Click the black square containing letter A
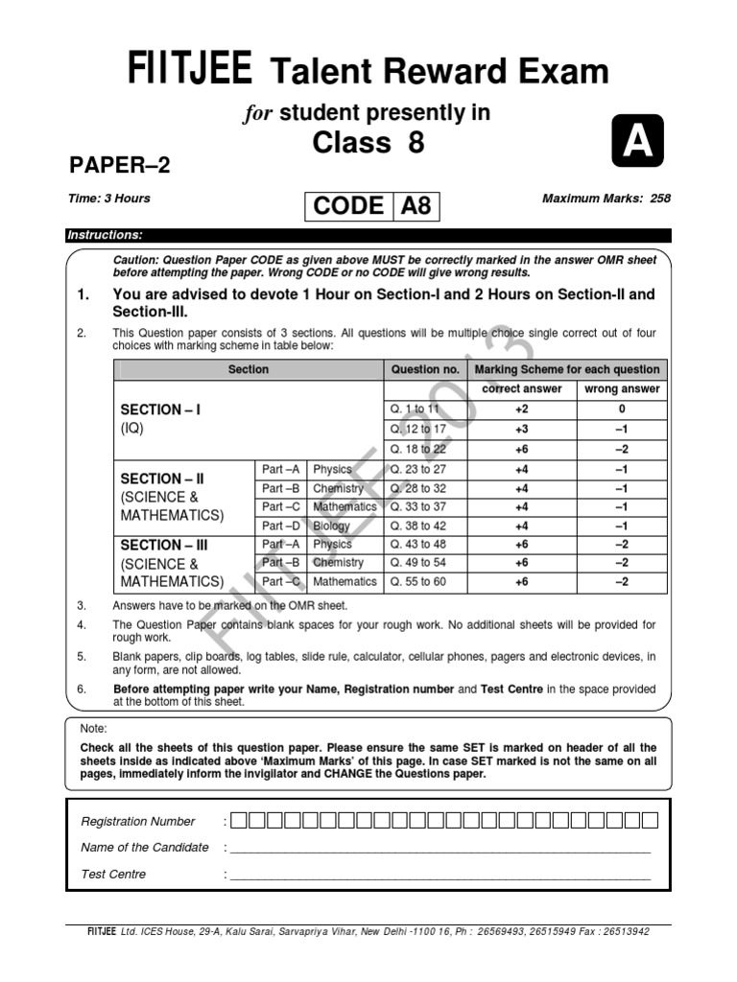coord(636,143)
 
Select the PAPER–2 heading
coord(120,165)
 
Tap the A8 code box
coord(416,205)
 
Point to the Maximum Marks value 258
coord(660,199)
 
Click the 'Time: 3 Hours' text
coord(109,199)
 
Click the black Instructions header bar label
coord(105,235)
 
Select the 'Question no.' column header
coord(425,369)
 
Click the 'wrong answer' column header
coord(622,388)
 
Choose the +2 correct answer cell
coord(522,409)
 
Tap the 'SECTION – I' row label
coord(160,409)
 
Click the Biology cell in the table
coord(332,526)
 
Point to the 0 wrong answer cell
coord(622,409)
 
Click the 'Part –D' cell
coord(281,526)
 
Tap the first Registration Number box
coord(239,820)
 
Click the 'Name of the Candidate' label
coord(145,847)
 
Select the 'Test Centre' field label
coord(114,874)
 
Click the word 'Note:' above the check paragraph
coord(93,729)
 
